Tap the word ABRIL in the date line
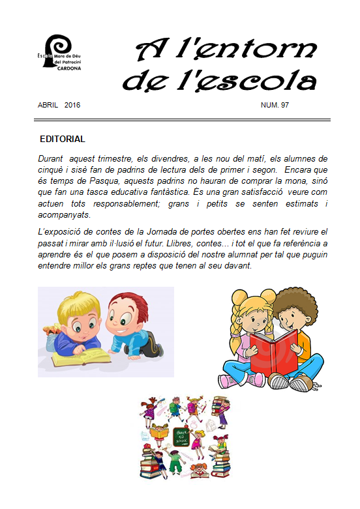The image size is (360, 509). (50, 104)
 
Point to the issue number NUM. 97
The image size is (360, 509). (275, 104)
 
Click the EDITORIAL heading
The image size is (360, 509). (63, 139)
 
